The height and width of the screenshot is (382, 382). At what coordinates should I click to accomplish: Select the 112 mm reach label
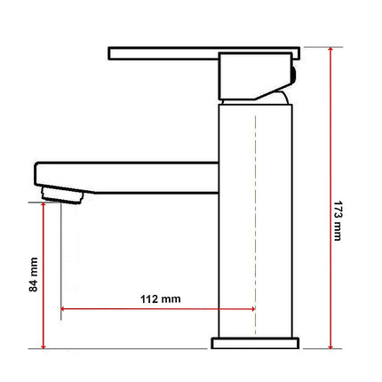pyautogui.click(x=160, y=298)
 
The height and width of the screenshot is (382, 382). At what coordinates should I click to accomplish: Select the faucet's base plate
pyautogui.click(x=256, y=342)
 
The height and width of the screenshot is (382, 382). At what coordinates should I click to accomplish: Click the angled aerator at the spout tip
pyautogui.click(x=62, y=193)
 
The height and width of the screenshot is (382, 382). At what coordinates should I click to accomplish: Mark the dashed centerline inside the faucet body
pyautogui.click(x=256, y=222)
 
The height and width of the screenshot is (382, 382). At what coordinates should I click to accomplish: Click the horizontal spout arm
pyautogui.click(x=133, y=174)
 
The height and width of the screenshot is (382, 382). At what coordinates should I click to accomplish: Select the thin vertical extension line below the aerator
pyautogui.click(x=60, y=258)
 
